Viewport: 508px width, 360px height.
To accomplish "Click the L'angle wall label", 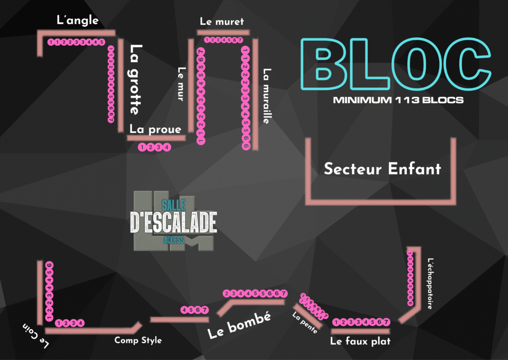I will point(77,20).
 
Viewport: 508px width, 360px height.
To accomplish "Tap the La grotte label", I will point(135,79).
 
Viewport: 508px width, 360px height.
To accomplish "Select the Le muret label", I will point(222,21).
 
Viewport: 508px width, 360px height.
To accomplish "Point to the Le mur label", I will point(181,84).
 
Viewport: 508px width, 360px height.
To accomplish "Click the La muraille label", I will point(267,96).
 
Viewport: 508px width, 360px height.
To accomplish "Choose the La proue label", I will point(155,129).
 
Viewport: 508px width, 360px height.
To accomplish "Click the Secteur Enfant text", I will point(382,168).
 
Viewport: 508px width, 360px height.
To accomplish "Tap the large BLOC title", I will point(395,60).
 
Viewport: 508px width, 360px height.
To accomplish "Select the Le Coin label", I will point(36,335).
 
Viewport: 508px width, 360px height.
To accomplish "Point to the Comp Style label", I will point(138,340).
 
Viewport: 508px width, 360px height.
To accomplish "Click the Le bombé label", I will point(239,326).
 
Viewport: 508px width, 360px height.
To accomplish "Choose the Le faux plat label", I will point(360,341).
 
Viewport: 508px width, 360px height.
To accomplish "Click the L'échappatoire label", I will point(430,283).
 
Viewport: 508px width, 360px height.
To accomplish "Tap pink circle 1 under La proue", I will point(143,147).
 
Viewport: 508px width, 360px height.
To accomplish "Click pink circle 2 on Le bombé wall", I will point(227,293).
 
